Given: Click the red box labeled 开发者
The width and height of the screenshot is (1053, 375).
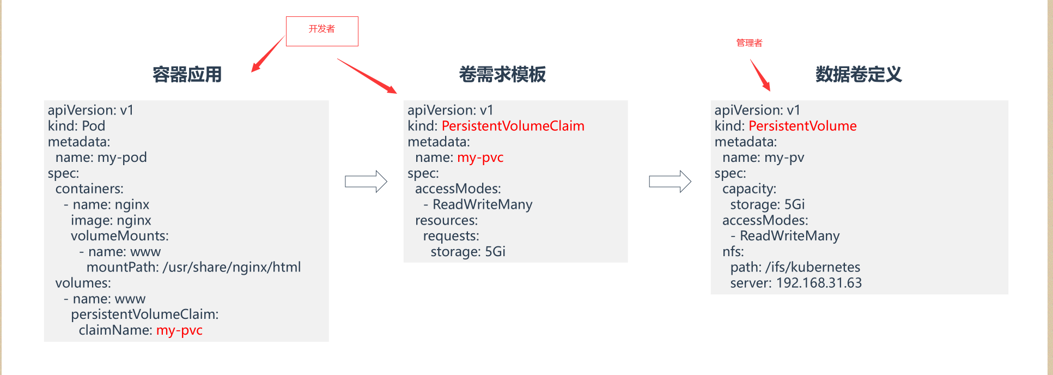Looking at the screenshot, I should click(322, 31).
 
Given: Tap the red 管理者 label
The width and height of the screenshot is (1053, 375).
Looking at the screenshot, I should click(749, 43).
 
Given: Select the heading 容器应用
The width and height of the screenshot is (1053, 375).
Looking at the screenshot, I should click(187, 75).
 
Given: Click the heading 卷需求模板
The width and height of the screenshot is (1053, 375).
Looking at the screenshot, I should click(502, 75).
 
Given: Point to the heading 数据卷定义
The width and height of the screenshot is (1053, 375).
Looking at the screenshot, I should click(859, 75).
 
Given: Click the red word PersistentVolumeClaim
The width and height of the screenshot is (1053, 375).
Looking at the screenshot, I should click(513, 126).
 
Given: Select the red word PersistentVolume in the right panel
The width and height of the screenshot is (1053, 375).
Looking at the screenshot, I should click(802, 126).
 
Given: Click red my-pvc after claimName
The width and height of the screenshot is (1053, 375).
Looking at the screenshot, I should click(179, 330).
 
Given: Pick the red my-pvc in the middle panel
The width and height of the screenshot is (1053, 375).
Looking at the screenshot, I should click(480, 158).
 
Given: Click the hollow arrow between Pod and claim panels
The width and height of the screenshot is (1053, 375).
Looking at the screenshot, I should click(366, 182).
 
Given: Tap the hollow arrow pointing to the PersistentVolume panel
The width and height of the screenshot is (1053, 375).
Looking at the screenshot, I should click(669, 182).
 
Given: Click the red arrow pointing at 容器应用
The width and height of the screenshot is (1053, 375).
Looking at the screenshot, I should click(267, 55).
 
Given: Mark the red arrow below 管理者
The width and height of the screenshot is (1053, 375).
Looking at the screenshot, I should click(760, 75).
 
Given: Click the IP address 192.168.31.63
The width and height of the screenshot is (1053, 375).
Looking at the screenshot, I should click(819, 283).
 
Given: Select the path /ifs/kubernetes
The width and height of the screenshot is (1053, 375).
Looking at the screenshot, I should click(812, 267).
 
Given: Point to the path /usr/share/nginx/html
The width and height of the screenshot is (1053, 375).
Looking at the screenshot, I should click(232, 267).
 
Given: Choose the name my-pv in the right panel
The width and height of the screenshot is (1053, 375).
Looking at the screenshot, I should click(784, 158).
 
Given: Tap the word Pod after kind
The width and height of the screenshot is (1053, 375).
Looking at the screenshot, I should click(93, 126).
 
